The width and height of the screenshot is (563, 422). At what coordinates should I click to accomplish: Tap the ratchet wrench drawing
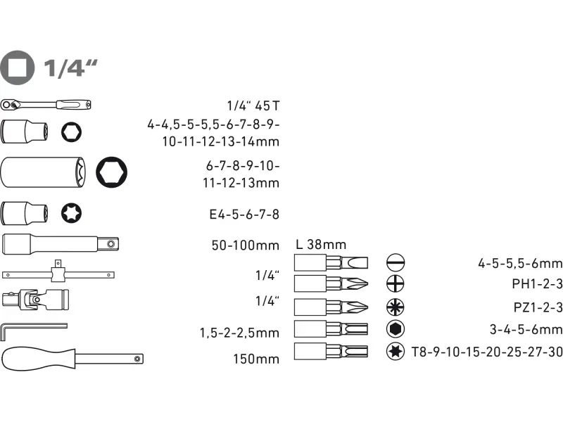(46, 105)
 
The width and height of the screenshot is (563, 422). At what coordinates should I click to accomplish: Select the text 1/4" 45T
(253, 106)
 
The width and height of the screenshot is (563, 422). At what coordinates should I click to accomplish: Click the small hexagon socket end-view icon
(71, 132)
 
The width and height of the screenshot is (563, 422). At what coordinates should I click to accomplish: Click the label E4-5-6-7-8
(244, 215)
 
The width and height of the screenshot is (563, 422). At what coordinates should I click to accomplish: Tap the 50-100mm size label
(245, 245)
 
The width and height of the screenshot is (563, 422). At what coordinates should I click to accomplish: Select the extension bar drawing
(61, 244)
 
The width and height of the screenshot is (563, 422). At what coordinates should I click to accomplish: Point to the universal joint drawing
(35, 299)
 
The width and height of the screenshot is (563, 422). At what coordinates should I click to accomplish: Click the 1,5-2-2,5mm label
(239, 333)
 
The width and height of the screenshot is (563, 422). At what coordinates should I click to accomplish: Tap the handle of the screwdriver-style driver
(38, 358)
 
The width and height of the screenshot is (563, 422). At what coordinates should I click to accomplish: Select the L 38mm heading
(321, 245)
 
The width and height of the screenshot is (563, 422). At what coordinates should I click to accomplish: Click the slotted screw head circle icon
(396, 262)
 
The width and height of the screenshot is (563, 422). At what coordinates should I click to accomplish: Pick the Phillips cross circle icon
(396, 284)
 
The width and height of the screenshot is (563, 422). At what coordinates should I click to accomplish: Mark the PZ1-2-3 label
(538, 307)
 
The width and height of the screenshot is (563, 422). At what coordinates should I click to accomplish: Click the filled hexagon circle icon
(396, 328)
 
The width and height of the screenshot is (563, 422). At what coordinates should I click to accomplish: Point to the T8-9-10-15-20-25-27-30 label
(487, 352)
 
